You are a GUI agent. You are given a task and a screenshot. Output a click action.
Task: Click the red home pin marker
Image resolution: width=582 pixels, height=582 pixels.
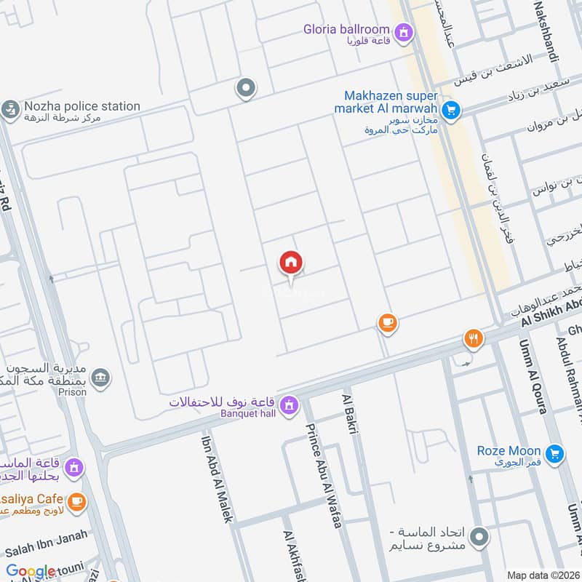(291, 263)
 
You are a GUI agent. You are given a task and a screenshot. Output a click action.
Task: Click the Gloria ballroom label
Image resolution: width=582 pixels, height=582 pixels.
(346, 29)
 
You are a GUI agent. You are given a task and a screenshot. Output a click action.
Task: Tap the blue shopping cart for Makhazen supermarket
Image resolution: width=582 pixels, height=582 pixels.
(451, 111)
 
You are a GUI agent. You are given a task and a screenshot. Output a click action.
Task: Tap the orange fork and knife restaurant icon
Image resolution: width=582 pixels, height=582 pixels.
(474, 338)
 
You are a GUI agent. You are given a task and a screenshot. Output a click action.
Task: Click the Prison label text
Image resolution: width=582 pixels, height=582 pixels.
(74, 392)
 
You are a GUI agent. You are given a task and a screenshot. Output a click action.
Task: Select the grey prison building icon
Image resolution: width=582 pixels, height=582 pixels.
(101, 377)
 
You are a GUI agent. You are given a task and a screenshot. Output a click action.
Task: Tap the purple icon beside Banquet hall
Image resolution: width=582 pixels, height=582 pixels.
(290, 404)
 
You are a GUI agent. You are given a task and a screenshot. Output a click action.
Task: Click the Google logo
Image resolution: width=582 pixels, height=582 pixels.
(31, 572)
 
